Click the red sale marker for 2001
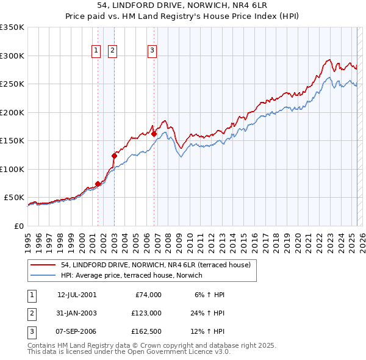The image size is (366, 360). [x=98, y=184]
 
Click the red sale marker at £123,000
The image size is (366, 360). [x=114, y=156]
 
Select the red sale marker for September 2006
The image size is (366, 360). [x=154, y=134]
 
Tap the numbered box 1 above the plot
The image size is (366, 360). [x=96, y=51]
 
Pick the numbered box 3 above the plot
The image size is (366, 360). [x=152, y=51]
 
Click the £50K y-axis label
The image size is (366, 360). [x=14, y=198]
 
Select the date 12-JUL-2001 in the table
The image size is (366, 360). [x=77, y=295]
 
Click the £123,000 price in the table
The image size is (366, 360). [x=146, y=313]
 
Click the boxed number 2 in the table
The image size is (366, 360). [x=32, y=313]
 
